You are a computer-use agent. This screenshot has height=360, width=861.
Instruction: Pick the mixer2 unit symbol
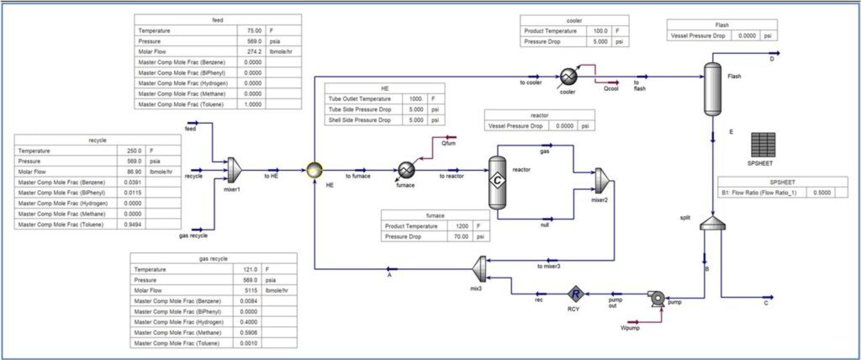600,179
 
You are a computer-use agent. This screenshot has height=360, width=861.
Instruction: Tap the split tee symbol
712,223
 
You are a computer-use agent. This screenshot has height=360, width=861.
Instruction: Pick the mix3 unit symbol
477,268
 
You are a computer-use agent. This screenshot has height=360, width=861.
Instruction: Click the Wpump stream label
629,326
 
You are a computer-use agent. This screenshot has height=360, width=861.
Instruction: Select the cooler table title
573,19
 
